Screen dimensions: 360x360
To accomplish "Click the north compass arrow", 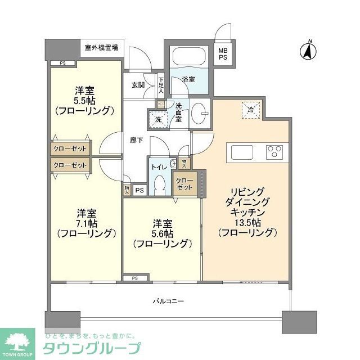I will pyautogui.click(x=309, y=51).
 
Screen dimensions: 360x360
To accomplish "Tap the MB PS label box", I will pyautogui.click(x=223, y=54).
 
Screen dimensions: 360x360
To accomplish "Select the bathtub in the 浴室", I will pyautogui.click(x=188, y=58).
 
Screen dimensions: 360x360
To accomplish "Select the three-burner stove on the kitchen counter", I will pyautogui.click(x=275, y=151).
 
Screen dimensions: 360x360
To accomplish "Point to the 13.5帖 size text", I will pyautogui.click(x=246, y=222).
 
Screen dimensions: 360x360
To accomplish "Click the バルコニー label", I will pyautogui.click(x=168, y=301).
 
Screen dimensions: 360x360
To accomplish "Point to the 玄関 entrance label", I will pyautogui.click(x=138, y=85).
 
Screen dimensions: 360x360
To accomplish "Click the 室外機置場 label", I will pyautogui.click(x=101, y=48).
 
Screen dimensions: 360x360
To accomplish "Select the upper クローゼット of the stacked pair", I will pyautogui.click(x=70, y=150).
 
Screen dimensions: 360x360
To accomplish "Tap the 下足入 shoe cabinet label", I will pyautogui.click(x=161, y=84).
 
